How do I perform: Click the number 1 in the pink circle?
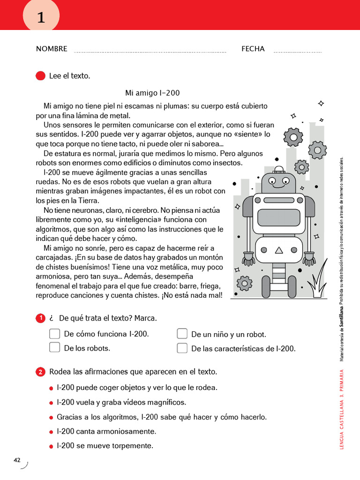41,18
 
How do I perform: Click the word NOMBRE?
52,49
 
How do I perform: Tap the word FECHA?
253,49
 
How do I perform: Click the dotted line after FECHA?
298,52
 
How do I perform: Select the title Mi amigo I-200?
152,93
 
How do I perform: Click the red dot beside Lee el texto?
41,76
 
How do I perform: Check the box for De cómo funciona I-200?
55,334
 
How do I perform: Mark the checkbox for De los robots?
55,347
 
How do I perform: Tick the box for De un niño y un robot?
182,334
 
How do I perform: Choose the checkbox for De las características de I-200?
182,348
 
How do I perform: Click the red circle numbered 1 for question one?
41,318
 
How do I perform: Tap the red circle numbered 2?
41,372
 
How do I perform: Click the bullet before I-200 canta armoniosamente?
51,432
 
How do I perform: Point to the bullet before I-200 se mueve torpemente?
51,446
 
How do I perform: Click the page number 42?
17,460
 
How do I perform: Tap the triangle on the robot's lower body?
279,250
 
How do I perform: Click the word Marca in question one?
145,318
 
